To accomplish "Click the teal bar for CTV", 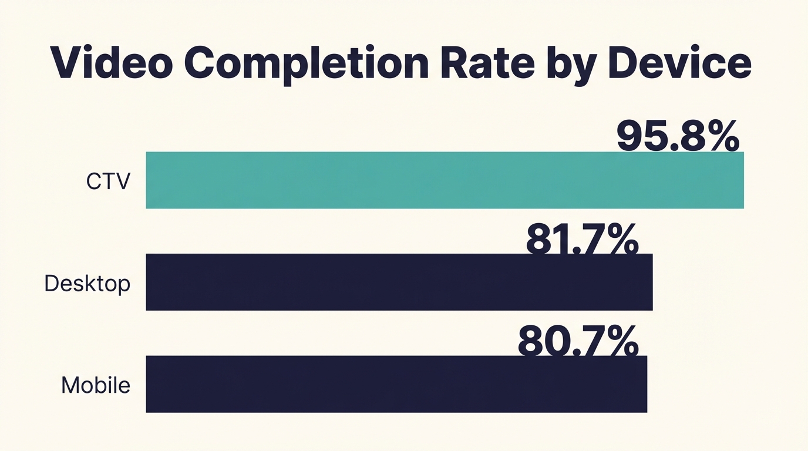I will pos(445,180).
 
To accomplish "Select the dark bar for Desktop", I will pos(399,282).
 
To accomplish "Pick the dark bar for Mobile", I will pos(396,384).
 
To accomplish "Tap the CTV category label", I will pos(108,181).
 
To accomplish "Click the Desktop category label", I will pos(87,284).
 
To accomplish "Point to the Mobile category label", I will pos(96,385).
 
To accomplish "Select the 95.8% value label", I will pos(678,136).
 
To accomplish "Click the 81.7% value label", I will pos(582,240).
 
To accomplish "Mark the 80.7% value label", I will pos(578,341).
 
